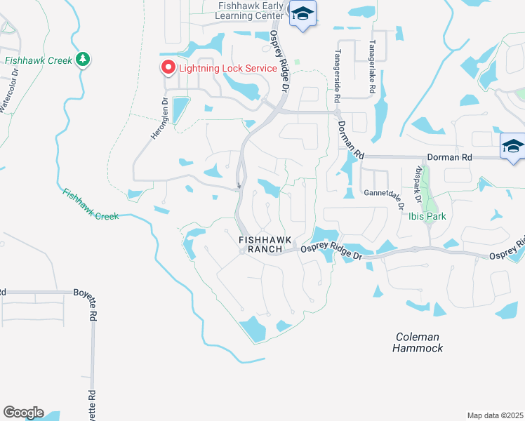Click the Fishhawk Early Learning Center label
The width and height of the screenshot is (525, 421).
coord(250,11)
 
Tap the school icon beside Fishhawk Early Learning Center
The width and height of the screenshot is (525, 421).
coord(303,14)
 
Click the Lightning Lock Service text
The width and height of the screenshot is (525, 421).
coord(230,68)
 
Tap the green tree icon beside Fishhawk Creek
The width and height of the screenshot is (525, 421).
coord(84,59)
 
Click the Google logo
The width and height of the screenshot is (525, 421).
coord(23,412)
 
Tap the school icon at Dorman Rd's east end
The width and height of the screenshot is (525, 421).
coord(513,146)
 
